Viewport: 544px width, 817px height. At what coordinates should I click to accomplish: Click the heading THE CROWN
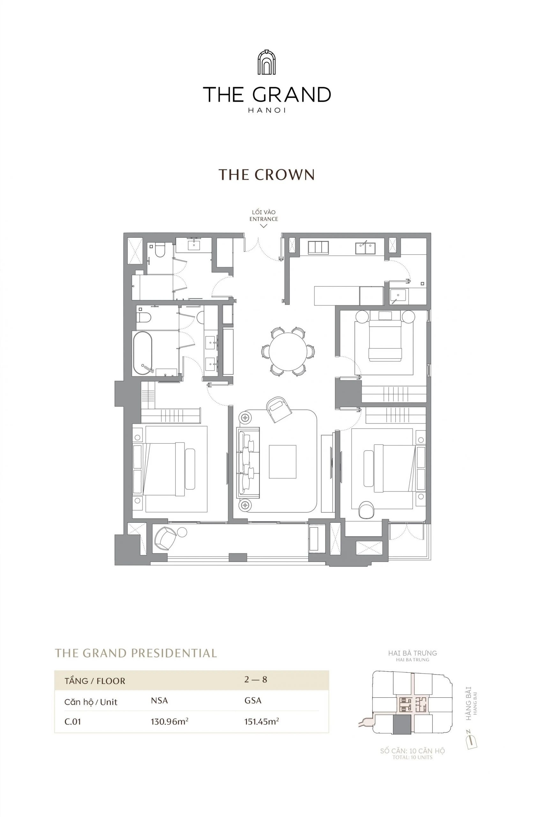click(266, 175)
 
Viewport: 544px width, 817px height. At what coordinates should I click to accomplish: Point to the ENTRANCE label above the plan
click(264, 219)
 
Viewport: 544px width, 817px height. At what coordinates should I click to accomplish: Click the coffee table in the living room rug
click(282, 461)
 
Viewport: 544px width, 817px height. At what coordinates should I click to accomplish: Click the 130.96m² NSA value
click(169, 722)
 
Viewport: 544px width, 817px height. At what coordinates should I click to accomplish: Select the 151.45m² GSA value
click(262, 722)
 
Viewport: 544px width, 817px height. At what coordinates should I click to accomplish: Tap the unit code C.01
click(73, 722)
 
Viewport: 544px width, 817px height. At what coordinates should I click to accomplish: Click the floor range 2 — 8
click(255, 679)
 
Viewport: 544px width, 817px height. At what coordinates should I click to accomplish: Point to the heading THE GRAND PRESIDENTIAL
click(136, 653)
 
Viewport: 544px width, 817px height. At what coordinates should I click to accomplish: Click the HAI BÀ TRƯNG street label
click(413, 653)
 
